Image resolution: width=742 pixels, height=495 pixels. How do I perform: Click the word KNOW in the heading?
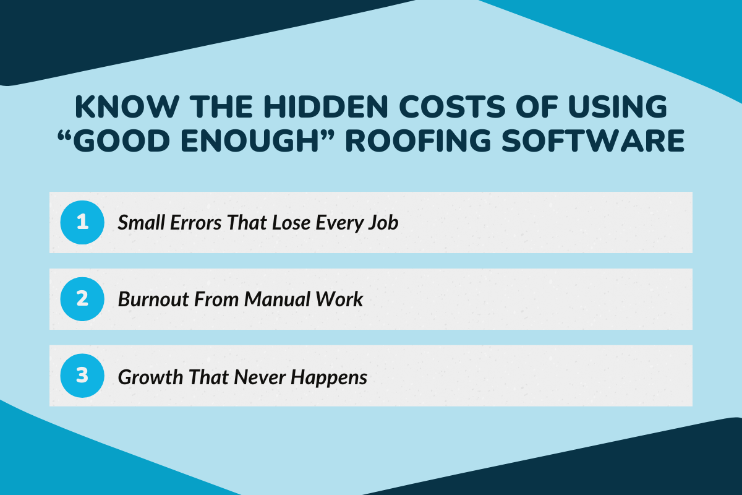[x=112, y=108]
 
